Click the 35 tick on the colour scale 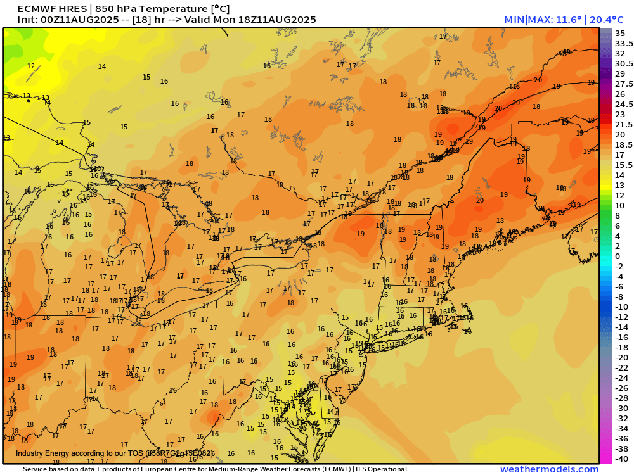(x=620, y=33)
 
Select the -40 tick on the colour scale (x=621, y=459)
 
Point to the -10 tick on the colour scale (x=621, y=307)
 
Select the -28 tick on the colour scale (x=621, y=398)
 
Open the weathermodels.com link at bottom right (x=549, y=469)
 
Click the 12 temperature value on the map (x=31, y=66)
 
